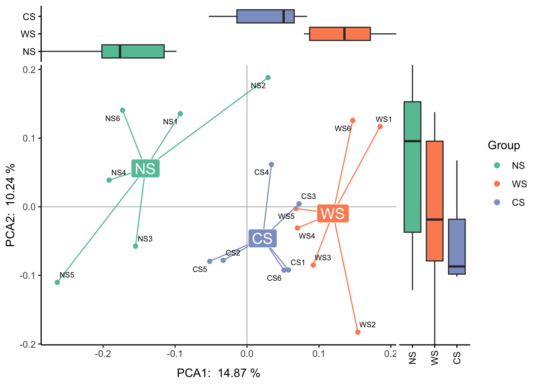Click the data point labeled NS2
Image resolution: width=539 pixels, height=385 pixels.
[x=268, y=78]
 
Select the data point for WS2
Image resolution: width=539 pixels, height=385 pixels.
[x=358, y=332]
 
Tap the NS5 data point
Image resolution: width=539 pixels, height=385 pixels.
[x=57, y=282]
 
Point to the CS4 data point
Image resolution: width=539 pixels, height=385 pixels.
[x=272, y=164]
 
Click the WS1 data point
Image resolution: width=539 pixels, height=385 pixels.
[x=380, y=127]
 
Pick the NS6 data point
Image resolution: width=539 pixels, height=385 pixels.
[x=123, y=110]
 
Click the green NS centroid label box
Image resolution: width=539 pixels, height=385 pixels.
[x=145, y=168]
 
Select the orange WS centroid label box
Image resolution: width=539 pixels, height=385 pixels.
[x=333, y=213]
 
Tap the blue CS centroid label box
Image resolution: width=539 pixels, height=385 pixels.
[x=262, y=239]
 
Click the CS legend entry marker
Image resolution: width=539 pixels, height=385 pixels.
[x=497, y=202]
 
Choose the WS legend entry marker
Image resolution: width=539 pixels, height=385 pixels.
[x=497, y=184]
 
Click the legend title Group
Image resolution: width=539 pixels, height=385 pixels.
[x=504, y=145]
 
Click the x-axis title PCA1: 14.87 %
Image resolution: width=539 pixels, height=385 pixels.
[x=219, y=373]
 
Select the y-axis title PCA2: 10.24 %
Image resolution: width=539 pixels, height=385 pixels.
[x=11, y=205]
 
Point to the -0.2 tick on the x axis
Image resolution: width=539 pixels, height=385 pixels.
[x=103, y=353]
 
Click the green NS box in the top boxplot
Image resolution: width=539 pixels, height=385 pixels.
[x=133, y=51]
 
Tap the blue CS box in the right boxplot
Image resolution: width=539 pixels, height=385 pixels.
[x=457, y=246]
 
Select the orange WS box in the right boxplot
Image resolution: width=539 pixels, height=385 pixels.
[x=435, y=201]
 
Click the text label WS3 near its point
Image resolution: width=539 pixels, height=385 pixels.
[x=323, y=257]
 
